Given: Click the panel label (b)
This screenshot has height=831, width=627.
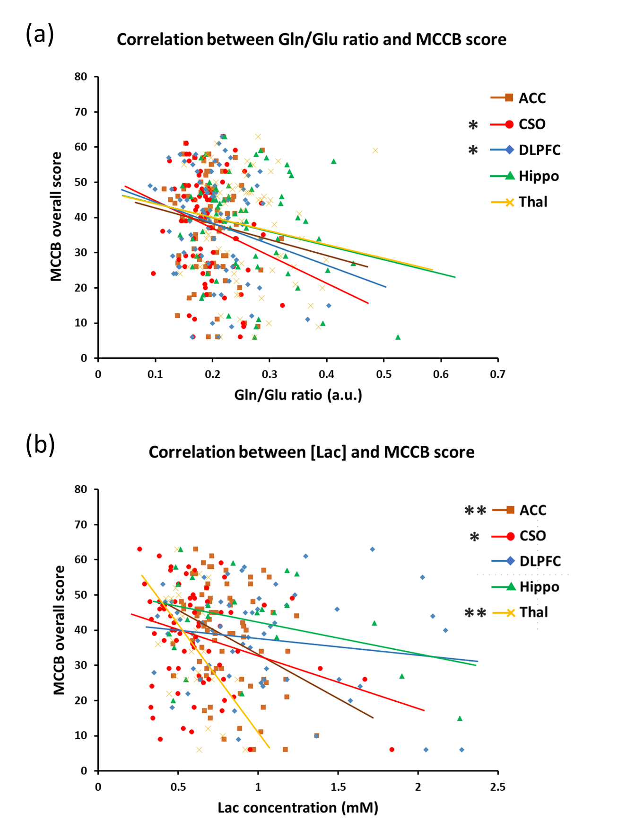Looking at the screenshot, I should coord(40,445).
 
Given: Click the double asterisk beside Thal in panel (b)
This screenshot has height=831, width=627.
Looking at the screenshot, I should coord(475,613).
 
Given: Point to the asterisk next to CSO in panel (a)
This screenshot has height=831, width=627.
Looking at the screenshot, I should coord(473,125).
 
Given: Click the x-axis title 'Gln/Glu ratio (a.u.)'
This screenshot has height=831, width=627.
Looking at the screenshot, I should coord(298,395).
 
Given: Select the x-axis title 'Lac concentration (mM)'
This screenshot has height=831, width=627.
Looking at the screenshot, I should coord(298,807).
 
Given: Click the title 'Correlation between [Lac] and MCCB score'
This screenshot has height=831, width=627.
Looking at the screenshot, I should coord(312,452).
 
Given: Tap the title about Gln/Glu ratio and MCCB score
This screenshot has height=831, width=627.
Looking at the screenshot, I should coord(312,39).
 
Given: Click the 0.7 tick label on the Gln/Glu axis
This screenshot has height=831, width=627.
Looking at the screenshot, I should coord(497,374).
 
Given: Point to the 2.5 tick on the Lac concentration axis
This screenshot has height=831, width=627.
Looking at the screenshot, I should coord(497,787).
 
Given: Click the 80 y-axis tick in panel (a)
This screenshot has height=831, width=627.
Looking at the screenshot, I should coord(81,77).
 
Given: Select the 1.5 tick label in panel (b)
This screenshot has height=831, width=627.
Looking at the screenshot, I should coord(338,787).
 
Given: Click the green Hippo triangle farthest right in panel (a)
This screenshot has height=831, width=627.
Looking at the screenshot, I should coord(398,337).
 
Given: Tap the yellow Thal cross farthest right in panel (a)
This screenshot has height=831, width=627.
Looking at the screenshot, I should coord(375,150).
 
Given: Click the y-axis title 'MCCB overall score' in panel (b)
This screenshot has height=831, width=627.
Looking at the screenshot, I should coord(59,630).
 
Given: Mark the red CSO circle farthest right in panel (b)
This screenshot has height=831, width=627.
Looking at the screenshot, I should coord(392,750).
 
